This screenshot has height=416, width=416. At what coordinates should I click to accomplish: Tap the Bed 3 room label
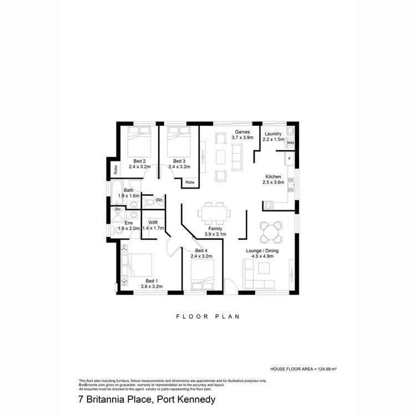[x=179, y=161]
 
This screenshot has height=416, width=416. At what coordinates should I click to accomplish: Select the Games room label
[x=242, y=131]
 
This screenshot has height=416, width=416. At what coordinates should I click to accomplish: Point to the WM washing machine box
[x=290, y=143]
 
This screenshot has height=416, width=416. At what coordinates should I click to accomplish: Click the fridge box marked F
[x=289, y=159]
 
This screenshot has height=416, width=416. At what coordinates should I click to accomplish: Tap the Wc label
[x=159, y=200]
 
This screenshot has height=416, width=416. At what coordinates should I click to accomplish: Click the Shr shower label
[x=118, y=209]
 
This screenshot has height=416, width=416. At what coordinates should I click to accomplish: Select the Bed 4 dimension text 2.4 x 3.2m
[x=201, y=257]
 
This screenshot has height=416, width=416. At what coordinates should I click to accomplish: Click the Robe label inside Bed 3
[x=190, y=182]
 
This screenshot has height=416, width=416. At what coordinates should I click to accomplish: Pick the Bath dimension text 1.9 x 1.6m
[x=129, y=196]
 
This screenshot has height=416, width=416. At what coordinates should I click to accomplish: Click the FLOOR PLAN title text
[x=207, y=317]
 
